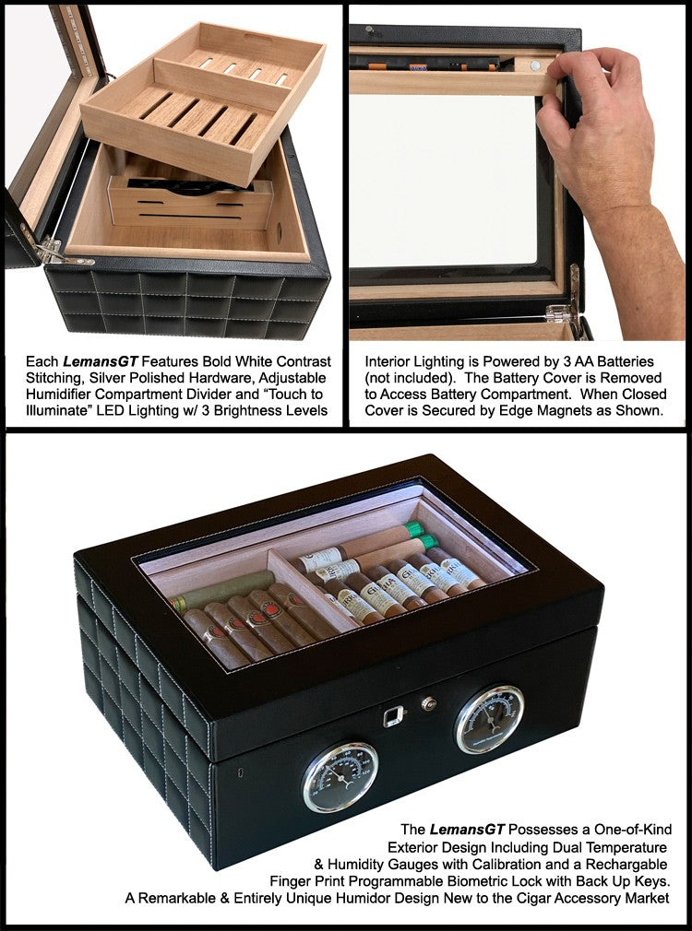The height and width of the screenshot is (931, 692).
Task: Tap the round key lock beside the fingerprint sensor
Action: click(x=428, y=703)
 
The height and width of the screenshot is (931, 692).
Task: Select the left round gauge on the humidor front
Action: click(x=340, y=777)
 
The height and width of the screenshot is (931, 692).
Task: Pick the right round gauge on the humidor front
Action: click(x=489, y=718)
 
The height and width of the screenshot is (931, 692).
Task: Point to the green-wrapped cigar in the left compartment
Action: click(x=222, y=591)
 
